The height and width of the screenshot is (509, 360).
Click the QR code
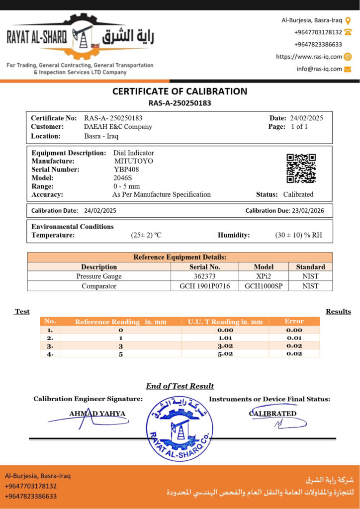(301, 168)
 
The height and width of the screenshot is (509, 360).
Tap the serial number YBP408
(126, 170)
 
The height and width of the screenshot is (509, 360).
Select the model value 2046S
(123, 178)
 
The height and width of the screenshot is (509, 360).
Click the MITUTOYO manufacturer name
(134, 161)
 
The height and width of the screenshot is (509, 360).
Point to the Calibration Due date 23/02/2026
(308, 211)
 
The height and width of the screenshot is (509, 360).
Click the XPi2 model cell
(264, 276)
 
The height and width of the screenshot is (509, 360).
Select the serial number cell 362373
(205, 276)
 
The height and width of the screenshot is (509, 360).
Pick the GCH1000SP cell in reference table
(264, 286)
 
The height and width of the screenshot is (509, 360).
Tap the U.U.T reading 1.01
(225, 338)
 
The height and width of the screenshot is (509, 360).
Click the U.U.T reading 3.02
(225, 346)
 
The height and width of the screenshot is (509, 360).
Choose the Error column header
(294, 321)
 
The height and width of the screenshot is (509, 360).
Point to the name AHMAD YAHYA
(97, 414)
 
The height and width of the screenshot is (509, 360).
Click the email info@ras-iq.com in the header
(319, 69)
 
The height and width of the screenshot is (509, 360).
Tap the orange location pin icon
(348, 20)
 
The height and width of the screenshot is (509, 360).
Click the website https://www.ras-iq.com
(309, 57)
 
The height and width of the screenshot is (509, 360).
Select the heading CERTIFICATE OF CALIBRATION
(180, 91)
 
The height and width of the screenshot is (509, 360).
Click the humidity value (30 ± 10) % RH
(298, 235)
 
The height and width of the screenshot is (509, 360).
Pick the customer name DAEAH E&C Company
(118, 127)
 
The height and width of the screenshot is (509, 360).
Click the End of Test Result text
(180, 386)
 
